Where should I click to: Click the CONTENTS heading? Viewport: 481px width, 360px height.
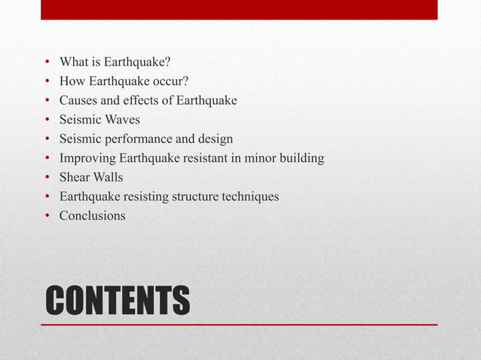[118, 300]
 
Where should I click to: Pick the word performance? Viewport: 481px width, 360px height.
[139, 139]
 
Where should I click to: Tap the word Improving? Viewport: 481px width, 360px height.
[86, 158]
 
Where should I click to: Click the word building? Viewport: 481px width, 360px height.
[301, 159]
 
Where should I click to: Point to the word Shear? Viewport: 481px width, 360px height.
[75, 178]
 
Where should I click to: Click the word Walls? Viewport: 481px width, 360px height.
[109, 178]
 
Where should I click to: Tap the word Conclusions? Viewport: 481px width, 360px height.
[93, 216]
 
